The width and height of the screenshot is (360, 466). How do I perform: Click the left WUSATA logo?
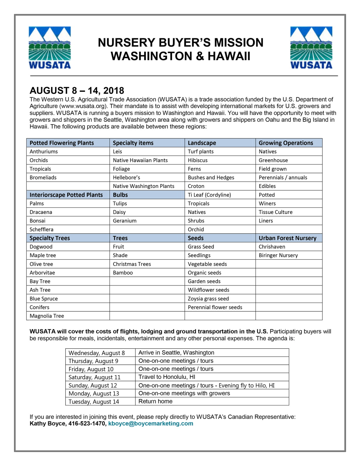click(x=50, y=47)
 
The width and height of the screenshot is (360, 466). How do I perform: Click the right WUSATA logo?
click(x=311, y=47)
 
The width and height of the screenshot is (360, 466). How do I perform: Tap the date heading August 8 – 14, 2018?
click(x=77, y=91)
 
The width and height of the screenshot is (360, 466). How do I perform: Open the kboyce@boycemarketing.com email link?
click(x=151, y=423)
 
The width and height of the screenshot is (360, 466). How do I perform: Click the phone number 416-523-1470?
click(x=87, y=423)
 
